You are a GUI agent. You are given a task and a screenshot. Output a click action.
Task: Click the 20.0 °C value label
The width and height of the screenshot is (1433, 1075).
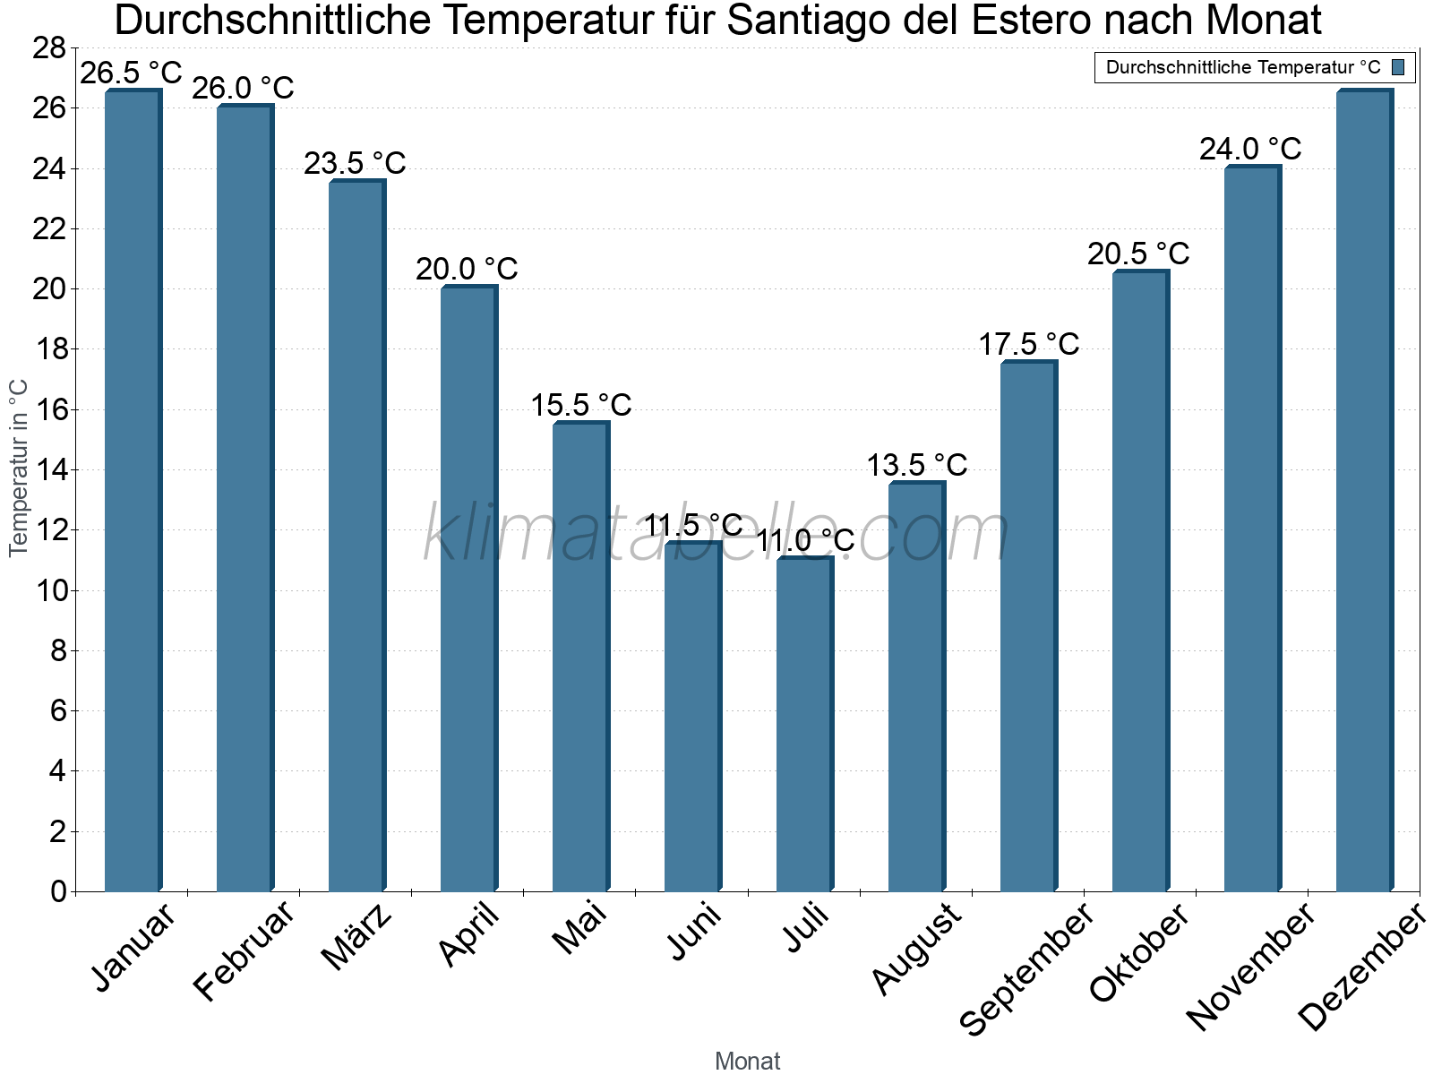(467, 269)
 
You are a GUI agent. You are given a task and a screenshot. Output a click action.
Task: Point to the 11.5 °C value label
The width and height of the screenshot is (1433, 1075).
(693, 525)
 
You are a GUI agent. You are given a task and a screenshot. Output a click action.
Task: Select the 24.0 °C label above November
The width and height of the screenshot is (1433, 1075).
(1250, 149)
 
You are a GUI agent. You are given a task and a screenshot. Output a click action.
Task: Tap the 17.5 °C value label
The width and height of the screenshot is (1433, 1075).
(1028, 344)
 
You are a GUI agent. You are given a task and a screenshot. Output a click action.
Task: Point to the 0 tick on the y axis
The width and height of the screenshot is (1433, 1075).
(58, 891)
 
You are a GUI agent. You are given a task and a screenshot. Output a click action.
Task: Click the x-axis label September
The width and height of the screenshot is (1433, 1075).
(1026, 967)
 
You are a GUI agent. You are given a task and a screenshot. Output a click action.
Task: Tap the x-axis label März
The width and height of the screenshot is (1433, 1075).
(357, 936)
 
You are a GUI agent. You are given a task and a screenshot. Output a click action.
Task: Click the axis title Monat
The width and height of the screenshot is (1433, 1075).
(747, 1062)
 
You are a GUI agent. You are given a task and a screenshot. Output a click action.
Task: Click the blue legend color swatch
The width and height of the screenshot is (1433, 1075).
(1398, 67)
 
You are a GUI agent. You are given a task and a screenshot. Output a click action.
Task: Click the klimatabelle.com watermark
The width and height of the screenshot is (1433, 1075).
(716, 534)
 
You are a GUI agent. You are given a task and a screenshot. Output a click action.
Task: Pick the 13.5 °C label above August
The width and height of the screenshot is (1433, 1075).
(916, 465)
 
